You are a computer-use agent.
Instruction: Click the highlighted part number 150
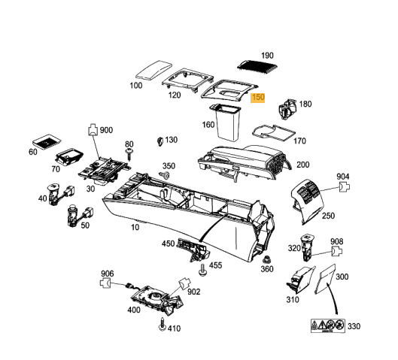click(259, 98)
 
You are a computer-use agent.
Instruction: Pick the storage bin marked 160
click(226, 122)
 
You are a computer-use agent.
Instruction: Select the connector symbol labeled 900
click(93, 131)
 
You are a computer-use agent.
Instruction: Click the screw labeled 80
click(129, 153)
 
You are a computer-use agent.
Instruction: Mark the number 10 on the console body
click(135, 227)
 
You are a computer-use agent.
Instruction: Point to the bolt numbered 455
click(202, 266)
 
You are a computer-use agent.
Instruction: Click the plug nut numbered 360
click(266, 256)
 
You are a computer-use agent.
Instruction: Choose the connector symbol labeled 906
click(106, 284)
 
